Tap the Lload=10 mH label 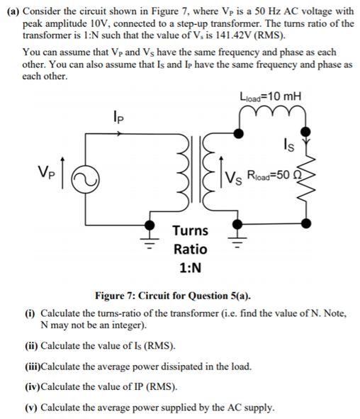pos(270,97)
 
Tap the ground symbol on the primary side pos(150,231)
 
